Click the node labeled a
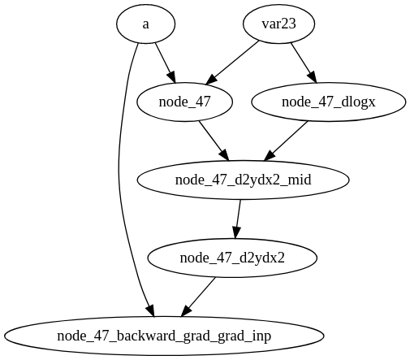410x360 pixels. coord(145,24)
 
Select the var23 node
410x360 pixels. coord(278,24)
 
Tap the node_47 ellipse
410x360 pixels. coord(185,102)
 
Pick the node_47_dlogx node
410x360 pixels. coord(329,102)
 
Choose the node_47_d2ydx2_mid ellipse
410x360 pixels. coord(244,180)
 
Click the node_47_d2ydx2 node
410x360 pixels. coord(232,258)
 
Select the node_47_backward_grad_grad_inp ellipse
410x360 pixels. coord(164,336)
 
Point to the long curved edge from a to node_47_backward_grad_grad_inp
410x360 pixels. coord(119,179)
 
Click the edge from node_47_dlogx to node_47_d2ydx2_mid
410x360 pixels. coord(287,141)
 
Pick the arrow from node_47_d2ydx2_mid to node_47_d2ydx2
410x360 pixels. coord(239,219)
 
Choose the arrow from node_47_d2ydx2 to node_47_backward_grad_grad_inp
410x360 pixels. coord(200,297)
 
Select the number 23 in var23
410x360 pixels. coord(288,24)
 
